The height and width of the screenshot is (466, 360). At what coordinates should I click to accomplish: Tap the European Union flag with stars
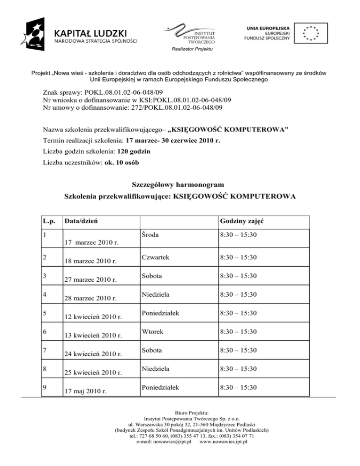(x=310, y=33)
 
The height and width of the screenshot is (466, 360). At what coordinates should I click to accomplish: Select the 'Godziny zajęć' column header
(x=239, y=221)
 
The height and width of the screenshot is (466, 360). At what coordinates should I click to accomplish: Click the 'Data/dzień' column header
(x=81, y=221)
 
